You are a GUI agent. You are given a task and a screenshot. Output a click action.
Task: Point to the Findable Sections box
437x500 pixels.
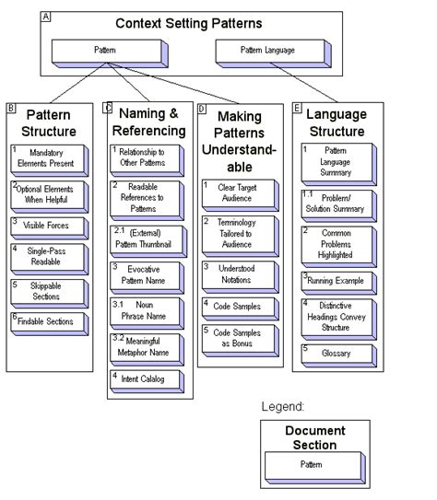click(50, 323)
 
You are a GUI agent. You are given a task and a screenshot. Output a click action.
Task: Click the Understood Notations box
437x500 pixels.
click(238, 273)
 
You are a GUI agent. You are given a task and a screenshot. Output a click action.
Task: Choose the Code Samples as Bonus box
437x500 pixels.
click(238, 339)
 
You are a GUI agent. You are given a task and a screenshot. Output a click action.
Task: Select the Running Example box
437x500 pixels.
click(337, 280)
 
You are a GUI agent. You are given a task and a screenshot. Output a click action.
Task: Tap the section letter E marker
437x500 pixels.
click(297, 108)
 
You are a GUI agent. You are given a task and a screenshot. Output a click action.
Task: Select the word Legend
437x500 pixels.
click(282, 406)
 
